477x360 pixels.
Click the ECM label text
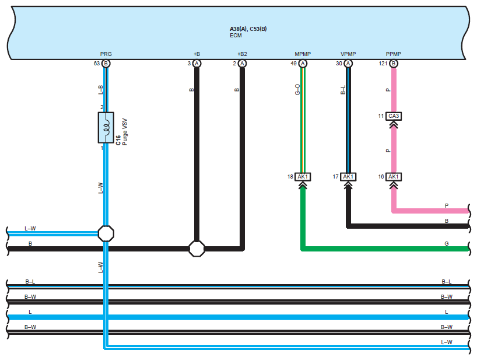pyautogui.click(x=236, y=36)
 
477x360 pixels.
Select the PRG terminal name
pyautogui.click(x=106, y=54)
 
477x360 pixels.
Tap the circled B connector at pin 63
pyautogui.click(x=106, y=64)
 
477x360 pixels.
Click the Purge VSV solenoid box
pyautogui.click(x=106, y=128)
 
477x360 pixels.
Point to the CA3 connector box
pyautogui.click(x=394, y=116)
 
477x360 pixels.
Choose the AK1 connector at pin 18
pyautogui.click(x=303, y=177)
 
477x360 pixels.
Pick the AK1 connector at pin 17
pyautogui.click(x=348, y=177)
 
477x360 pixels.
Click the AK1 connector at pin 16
pyautogui.click(x=394, y=177)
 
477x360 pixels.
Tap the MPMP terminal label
pyautogui.click(x=303, y=54)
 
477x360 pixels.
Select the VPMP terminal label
pyautogui.click(x=348, y=54)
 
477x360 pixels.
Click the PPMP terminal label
pyautogui.click(x=394, y=54)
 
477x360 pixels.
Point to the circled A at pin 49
pyautogui.click(x=303, y=64)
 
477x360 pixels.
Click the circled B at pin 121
pyautogui.click(x=394, y=64)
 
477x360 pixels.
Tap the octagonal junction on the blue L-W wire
pyautogui.click(x=106, y=233)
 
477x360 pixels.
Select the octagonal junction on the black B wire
pyautogui.click(x=197, y=249)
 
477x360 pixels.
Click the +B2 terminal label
pyautogui.click(x=242, y=54)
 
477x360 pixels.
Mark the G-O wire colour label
pyautogui.click(x=297, y=89)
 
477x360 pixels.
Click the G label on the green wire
pyautogui.click(x=446, y=244)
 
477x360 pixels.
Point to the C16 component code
pyautogui.click(x=118, y=140)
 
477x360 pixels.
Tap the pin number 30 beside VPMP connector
pyautogui.click(x=339, y=64)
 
